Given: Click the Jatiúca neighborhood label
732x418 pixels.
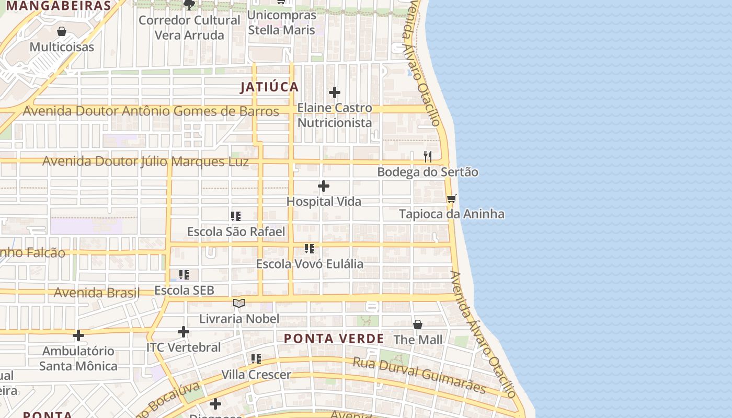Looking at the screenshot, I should click(269, 87).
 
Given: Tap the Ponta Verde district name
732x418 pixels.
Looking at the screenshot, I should click(334, 339).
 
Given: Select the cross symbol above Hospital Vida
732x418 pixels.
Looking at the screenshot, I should click(324, 186).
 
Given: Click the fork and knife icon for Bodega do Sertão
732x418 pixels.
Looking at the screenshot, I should click(428, 156).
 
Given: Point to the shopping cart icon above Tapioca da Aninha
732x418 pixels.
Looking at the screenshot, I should click(452, 199).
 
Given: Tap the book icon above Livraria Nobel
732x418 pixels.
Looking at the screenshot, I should click(239, 303).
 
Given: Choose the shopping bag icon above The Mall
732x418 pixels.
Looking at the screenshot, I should click(418, 324).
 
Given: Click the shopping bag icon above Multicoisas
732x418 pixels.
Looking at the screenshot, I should click(62, 31).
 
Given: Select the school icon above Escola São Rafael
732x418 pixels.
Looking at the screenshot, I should click(236, 216).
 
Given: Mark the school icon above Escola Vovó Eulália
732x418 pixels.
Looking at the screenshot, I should click(310, 248).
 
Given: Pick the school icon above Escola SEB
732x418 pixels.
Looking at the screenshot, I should click(184, 274).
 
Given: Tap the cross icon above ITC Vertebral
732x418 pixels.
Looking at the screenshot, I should click(184, 332).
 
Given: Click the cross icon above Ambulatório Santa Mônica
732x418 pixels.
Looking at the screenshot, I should click(78, 335).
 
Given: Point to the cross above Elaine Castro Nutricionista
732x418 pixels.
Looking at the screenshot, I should click(335, 93).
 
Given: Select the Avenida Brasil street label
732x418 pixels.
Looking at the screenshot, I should click(97, 292).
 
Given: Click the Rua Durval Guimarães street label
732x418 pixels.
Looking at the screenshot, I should click(419, 375).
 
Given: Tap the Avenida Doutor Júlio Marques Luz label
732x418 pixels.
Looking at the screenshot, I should click(145, 161).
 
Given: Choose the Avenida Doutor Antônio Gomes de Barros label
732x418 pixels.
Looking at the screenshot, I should click(151, 111).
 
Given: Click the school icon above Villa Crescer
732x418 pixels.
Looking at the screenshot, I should click(256, 359).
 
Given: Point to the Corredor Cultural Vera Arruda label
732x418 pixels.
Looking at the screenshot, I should click(189, 28).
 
